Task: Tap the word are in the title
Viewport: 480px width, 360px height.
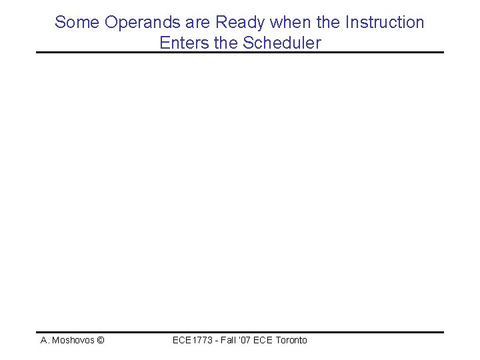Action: (x=197, y=23)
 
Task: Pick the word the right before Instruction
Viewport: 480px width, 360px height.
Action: (x=327, y=23)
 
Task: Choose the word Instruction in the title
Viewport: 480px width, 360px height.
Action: (x=383, y=23)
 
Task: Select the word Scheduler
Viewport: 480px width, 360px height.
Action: (x=282, y=43)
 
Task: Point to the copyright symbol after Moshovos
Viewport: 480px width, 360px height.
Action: (x=100, y=341)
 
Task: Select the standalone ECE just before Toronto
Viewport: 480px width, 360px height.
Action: (x=266, y=341)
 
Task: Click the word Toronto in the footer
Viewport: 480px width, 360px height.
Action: (x=291, y=341)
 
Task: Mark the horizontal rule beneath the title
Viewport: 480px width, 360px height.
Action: (x=240, y=53)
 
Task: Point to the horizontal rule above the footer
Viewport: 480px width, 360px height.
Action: (x=240, y=332)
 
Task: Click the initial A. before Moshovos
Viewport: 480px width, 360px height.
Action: (x=45, y=341)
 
